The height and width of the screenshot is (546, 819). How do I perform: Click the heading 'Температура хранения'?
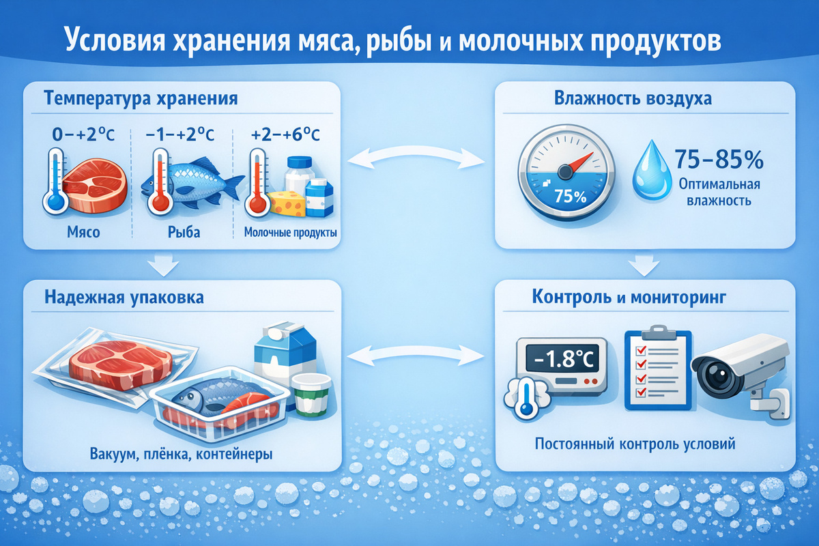(141, 99)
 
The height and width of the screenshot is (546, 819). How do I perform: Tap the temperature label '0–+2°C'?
(83, 134)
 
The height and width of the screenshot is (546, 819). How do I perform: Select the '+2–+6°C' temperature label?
(285, 134)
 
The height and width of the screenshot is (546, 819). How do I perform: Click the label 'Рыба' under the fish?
(184, 232)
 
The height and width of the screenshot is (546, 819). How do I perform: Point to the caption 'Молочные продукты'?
(290, 233)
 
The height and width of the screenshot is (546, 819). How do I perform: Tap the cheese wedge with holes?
(287, 203)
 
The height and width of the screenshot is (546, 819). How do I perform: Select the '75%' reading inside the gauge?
(570, 197)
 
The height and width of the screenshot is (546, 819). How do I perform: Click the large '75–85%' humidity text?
(719, 159)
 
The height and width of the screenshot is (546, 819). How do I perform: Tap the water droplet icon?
(652, 171)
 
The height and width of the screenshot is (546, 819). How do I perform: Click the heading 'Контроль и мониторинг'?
(629, 297)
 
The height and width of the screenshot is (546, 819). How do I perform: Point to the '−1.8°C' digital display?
(562, 359)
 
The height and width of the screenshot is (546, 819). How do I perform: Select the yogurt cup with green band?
(311, 395)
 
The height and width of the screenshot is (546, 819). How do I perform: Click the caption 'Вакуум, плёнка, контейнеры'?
(181, 455)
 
